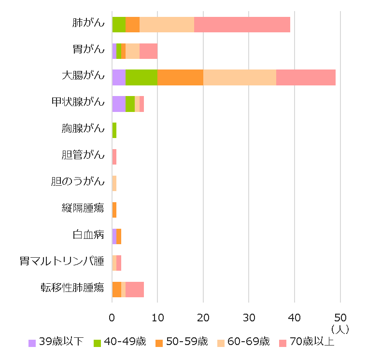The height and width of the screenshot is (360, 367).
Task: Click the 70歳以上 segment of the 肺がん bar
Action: pos(241,25)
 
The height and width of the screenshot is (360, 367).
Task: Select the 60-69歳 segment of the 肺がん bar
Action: pos(167,25)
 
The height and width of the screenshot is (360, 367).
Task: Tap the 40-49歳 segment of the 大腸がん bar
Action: pos(141,77)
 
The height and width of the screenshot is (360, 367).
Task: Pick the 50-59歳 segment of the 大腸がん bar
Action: pos(180,77)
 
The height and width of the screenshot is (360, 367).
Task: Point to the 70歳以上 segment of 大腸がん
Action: pos(306,77)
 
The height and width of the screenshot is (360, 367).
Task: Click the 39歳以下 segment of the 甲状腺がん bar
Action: pos(119,104)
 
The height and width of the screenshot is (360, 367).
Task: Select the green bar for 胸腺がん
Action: pos(114,130)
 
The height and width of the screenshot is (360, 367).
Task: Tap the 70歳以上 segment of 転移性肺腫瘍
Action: pos(135,289)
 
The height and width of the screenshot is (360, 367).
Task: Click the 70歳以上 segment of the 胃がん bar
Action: pos(148,51)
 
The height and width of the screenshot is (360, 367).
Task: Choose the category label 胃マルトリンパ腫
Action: pos(62,262)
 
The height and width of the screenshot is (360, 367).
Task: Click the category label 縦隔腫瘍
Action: pos(83,208)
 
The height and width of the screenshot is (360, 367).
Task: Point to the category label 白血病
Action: pos(88,235)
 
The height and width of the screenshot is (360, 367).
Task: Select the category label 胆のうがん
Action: pos(78,182)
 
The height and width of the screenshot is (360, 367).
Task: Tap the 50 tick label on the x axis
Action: pos(340,318)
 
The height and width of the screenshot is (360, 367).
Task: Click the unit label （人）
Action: pos(340,329)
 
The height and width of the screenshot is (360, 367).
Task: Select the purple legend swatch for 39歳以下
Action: pos(32,343)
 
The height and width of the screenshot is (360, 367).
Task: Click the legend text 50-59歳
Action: pos(187,342)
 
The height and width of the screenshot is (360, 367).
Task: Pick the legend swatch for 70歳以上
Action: pos(283,343)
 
